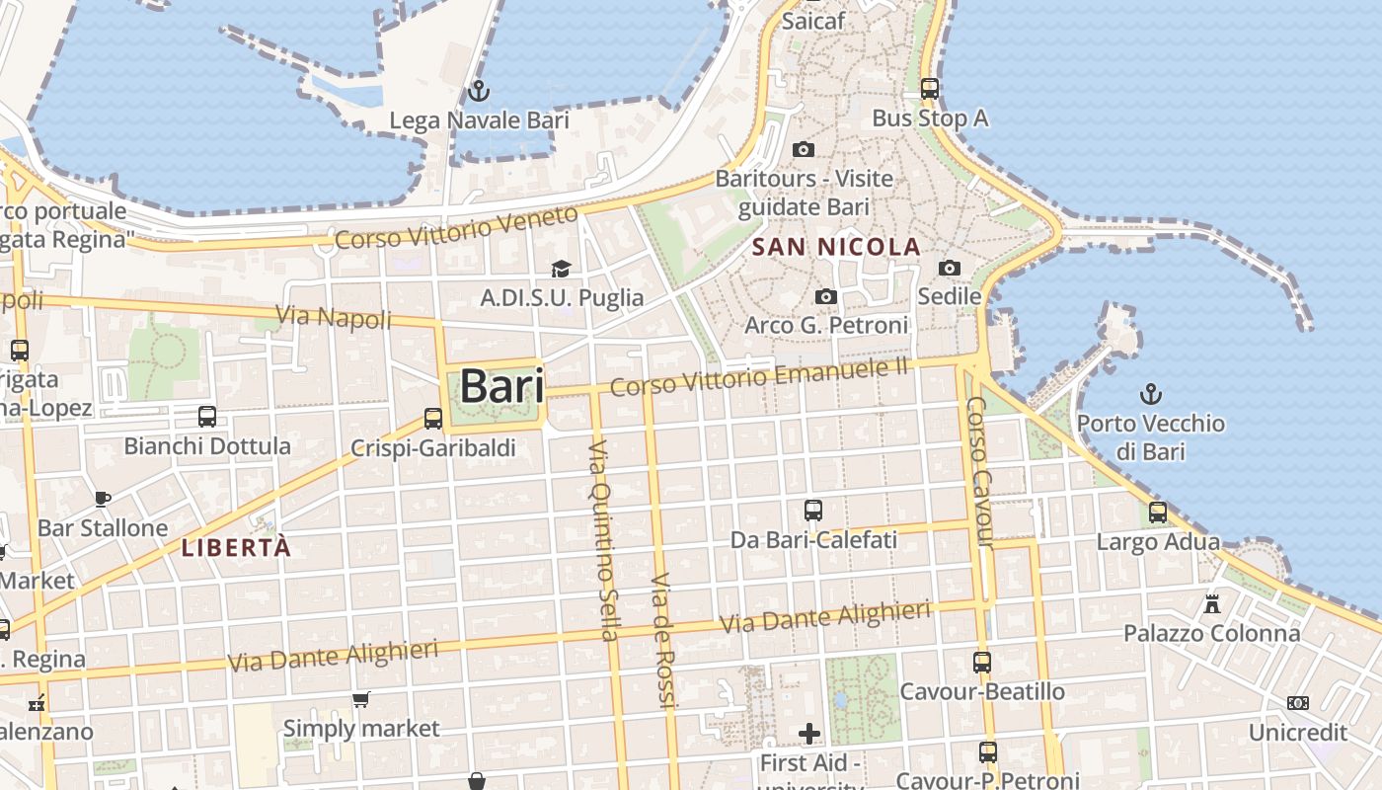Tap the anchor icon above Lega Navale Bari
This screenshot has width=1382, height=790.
(479, 92)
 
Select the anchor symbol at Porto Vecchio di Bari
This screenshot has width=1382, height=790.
(1150, 395)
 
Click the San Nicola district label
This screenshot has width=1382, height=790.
(836, 247)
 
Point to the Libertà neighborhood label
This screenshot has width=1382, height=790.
(237, 548)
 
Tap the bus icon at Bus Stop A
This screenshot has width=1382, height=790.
(929, 89)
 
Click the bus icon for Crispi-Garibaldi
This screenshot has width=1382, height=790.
(433, 419)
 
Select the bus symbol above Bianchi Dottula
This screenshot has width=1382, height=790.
(207, 417)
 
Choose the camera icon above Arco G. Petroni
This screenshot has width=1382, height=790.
(826, 296)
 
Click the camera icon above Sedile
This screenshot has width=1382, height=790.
(950, 268)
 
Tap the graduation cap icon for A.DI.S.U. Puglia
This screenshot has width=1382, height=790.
(562, 269)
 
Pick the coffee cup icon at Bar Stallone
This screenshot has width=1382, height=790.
(103, 499)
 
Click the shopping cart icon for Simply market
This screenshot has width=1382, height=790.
(361, 699)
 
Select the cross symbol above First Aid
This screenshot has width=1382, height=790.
(809, 733)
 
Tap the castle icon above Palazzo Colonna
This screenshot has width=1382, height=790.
(1212, 603)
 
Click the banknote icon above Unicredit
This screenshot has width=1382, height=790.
(1298, 703)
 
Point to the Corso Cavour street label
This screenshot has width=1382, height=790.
(978, 472)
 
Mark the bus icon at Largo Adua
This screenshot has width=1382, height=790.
(1158, 513)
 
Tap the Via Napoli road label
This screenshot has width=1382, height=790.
(334, 316)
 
